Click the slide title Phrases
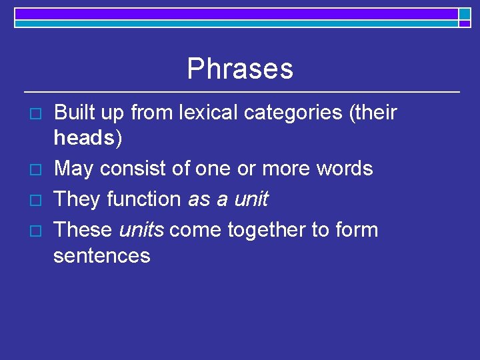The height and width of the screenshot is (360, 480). coord(240,69)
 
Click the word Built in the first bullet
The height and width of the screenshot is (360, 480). coord(73,113)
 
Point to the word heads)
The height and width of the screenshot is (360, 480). coord(88,139)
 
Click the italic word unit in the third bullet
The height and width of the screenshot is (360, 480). coord(250,199)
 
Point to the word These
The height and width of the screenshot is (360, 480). coord(83,230)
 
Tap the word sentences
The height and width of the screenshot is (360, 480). coord(102,256)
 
